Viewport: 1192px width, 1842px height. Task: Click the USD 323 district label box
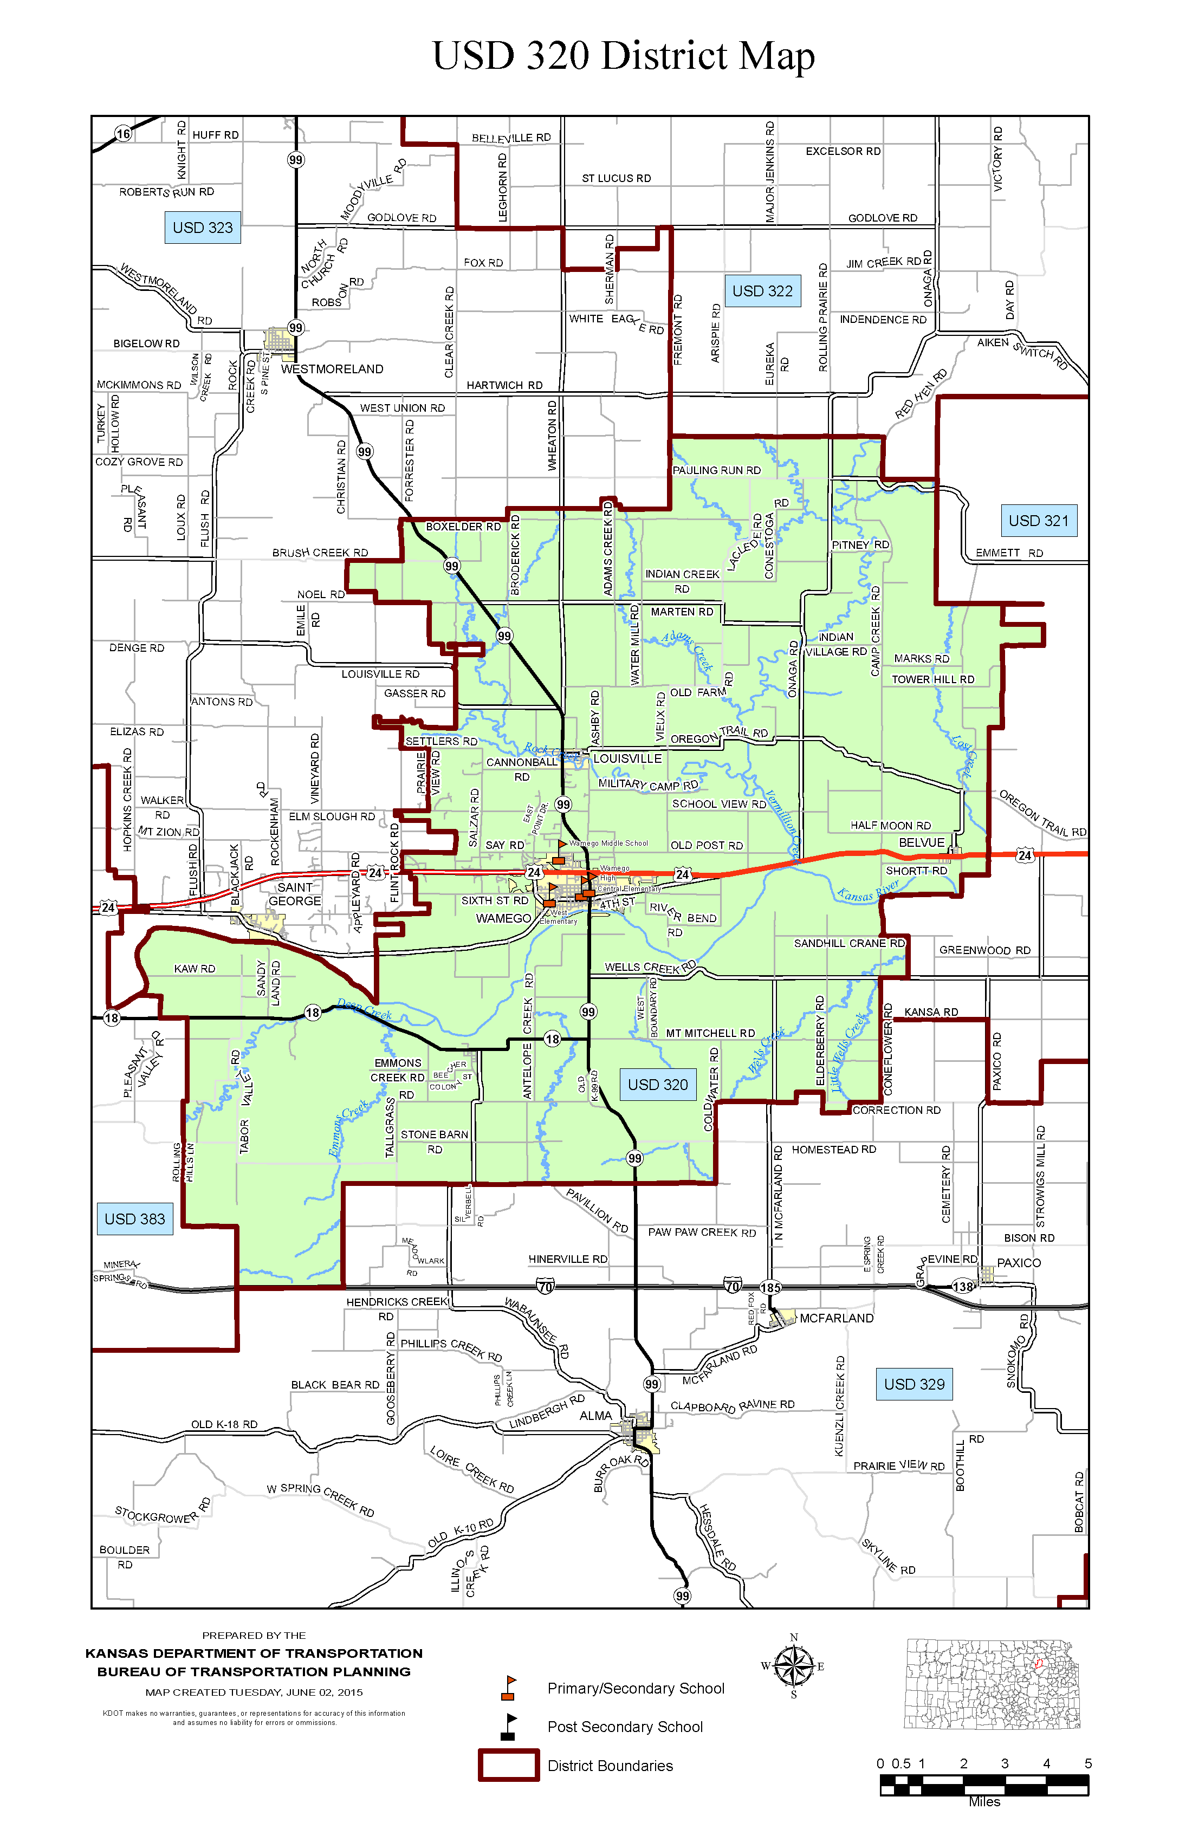tap(202, 228)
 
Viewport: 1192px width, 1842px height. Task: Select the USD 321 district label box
tap(1038, 521)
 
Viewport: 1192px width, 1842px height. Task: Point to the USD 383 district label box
tap(135, 1219)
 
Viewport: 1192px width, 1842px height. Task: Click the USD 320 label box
tap(657, 1084)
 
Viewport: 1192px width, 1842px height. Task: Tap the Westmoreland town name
tap(332, 369)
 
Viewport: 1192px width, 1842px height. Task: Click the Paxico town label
tap(1019, 1262)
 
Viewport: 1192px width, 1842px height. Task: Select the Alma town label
tap(595, 1416)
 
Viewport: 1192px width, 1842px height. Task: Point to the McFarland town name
tap(836, 1318)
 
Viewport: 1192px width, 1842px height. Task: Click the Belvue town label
tap(921, 843)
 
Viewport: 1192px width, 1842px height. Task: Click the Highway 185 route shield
tap(770, 1288)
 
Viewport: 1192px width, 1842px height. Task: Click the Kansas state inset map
tap(992, 1683)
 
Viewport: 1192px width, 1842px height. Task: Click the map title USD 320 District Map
tap(623, 56)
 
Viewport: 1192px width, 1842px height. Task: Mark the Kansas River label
tap(867, 891)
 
